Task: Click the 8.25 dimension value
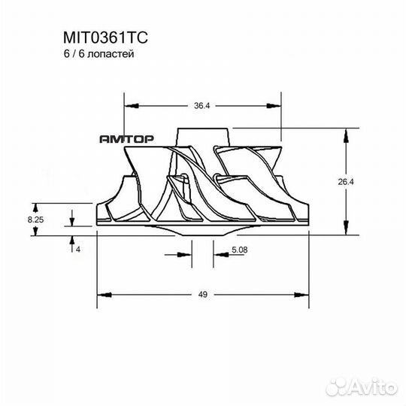coord(35,219)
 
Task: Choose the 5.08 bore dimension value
coord(239,249)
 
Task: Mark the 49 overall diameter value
coord(202,294)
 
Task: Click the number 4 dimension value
coord(77,249)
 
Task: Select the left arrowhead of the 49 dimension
coord(101,294)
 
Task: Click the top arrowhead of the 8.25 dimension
coord(35,205)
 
